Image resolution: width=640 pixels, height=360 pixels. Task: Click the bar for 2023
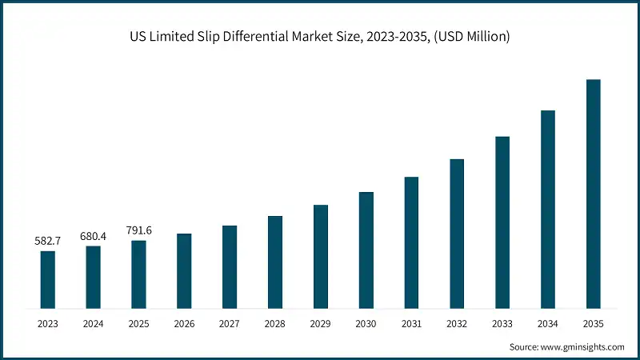pyautogui.click(x=48, y=279)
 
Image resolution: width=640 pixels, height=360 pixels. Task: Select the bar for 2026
pyautogui.click(x=184, y=270)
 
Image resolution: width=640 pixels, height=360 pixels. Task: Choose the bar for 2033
pyautogui.click(x=502, y=222)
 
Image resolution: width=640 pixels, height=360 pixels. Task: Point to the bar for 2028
pyautogui.click(x=275, y=262)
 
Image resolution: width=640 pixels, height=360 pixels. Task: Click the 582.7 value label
pyautogui.click(x=48, y=240)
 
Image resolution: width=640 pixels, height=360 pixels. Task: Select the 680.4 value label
pyautogui.click(x=94, y=235)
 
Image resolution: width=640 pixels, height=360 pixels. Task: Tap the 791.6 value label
pyautogui.click(x=138, y=230)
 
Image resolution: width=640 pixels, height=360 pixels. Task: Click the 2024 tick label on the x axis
pyautogui.click(x=94, y=323)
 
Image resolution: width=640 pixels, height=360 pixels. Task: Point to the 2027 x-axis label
pyautogui.click(x=230, y=323)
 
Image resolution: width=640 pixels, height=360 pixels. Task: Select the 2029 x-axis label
pyautogui.click(x=321, y=323)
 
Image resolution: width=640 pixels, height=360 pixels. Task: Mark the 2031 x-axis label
pyautogui.click(x=411, y=323)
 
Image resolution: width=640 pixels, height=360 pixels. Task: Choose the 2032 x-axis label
pyautogui.click(x=457, y=323)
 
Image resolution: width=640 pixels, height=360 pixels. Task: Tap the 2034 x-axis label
pyautogui.click(x=548, y=323)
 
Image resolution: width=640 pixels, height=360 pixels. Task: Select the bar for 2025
pyautogui.click(x=138, y=274)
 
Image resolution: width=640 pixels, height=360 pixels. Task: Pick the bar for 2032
pyautogui.click(x=457, y=233)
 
